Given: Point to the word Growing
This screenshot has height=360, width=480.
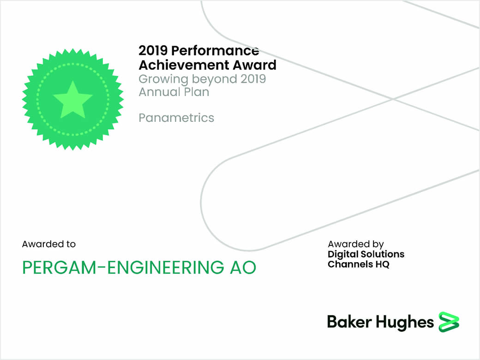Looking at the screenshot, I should click(163, 79).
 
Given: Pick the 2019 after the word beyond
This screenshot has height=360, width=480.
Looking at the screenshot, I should click(253, 78).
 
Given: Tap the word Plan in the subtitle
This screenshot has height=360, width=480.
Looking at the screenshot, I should click(196, 92).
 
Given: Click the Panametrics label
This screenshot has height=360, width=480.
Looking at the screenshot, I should click(176, 118).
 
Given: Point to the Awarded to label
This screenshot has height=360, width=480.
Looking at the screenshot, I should click(48, 244).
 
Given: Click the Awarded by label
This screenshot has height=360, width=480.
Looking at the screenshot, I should click(355, 244).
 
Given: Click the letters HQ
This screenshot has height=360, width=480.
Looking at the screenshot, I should click(382, 264).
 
